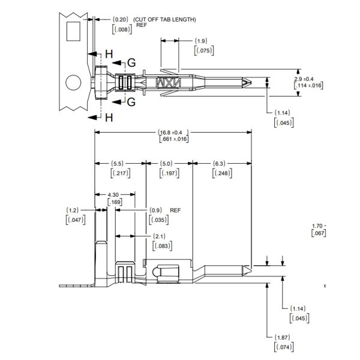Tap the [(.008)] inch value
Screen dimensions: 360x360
coord(122,29)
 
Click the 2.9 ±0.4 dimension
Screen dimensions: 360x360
coord(308,79)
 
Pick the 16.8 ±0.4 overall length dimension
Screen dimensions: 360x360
coord(173,132)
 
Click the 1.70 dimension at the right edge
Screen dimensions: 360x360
coord(319,226)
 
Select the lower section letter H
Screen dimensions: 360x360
coord(109,117)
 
